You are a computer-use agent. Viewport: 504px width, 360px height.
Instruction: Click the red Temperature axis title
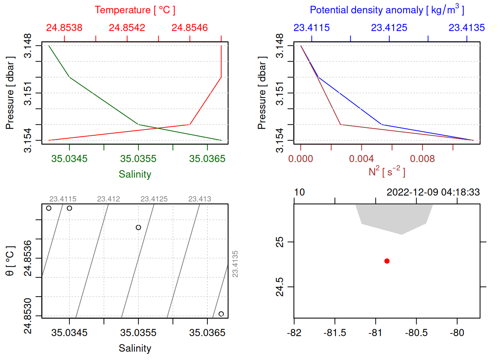[135, 10]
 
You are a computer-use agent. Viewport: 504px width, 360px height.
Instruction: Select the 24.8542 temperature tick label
[127, 28]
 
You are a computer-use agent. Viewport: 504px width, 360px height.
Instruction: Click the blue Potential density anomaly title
[387, 10]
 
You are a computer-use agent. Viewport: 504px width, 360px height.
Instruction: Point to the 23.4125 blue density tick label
[389, 28]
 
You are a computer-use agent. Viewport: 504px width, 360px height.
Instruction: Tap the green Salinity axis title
[135, 174]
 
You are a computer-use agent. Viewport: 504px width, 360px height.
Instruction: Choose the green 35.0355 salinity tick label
[138, 159]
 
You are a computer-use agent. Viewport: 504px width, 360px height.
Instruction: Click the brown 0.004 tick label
[361, 159]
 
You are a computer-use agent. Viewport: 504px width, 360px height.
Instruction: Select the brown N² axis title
[387, 172]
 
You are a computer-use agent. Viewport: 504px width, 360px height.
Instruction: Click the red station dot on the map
[387, 261]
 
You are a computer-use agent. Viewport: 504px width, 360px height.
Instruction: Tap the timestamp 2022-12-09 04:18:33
[433, 192]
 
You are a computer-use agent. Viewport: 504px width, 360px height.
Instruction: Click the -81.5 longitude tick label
[334, 333]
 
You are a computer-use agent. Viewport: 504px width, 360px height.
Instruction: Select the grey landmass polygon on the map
[394, 217]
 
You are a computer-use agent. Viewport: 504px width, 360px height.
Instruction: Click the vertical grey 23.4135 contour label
[235, 264]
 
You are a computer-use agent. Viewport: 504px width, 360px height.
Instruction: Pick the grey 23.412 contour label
[108, 199]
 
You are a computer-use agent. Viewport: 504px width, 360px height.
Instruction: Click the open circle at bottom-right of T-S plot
[221, 314]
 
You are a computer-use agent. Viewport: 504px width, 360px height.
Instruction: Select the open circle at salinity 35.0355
[138, 227]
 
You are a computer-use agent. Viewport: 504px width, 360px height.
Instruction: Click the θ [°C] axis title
[10, 261]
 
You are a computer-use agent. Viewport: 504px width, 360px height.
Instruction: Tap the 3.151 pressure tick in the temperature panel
[28, 93]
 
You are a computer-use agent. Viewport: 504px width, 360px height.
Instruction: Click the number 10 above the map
[299, 192]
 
